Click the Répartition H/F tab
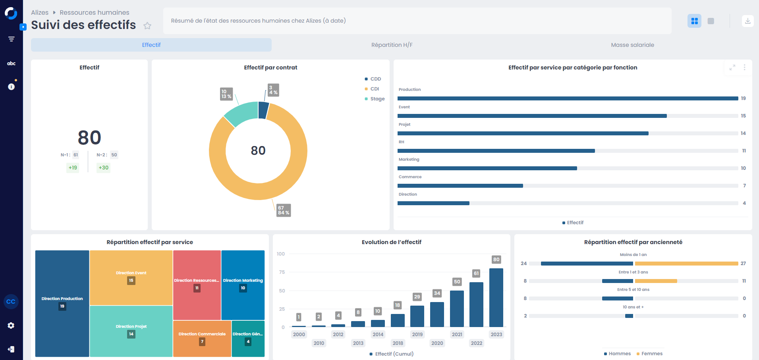pyautogui.click(x=392, y=45)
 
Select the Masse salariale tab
pyautogui.click(x=632, y=45)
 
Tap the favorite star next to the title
pyautogui.click(x=147, y=26)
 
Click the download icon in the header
pyautogui.click(x=747, y=21)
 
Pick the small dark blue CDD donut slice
pyautogui.click(x=263, y=110)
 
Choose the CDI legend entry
pyautogui.click(x=374, y=89)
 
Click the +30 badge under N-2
pyautogui.click(x=103, y=167)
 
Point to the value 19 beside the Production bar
pyautogui.click(x=743, y=98)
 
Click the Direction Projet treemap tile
pyautogui.click(x=131, y=331)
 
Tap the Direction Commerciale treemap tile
pyautogui.click(x=202, y=338)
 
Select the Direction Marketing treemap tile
pyautogui.click(x=243, y=284)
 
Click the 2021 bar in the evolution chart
pyautogui.click(x=457, y=308)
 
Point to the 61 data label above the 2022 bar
pyautogui.click(x=476, y=273)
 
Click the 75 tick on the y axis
pyautogui.click(x=282, y=272)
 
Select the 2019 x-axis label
pyautogui.click(x=417, y=335)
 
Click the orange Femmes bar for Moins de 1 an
pyautogui.click(x=686, y=264)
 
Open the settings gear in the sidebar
pyautogui.click(x=11, y=325)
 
